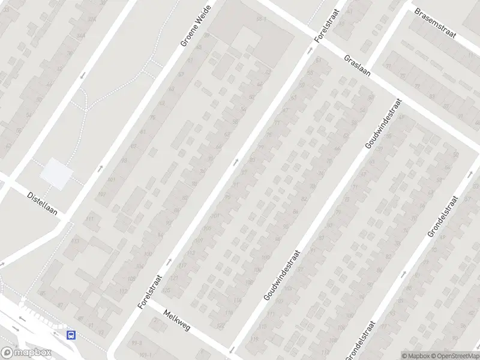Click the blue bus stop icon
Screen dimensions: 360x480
pyautogui.click(x=71, y=335)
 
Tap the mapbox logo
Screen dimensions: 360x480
pyautogui.click(x=25, y=353)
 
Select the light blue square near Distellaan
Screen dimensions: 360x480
pyautogui.click(x=56, y=173)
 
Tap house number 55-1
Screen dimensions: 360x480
pyautogui.click(x=262, y=20)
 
